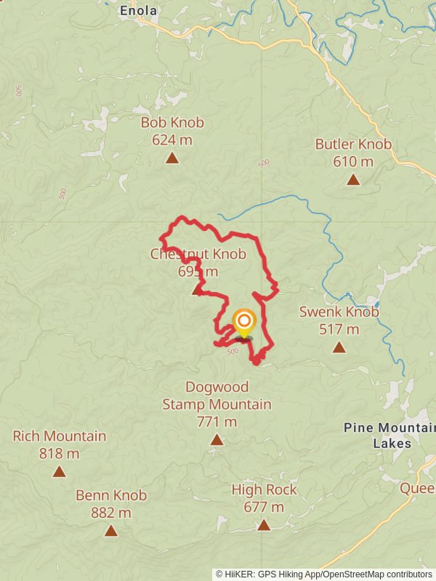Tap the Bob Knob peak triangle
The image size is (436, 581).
tap(172, 158)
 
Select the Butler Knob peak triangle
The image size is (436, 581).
tap(353, 179)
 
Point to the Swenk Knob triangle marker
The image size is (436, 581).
tap(339, 347)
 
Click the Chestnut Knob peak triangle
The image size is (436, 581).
tap(197, 290)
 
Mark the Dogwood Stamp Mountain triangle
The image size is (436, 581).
tap(217, 439)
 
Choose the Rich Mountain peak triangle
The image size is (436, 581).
tap(60, 471)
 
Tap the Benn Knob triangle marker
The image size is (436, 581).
tap(111, 530)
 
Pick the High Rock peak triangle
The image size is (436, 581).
tap(264, 524)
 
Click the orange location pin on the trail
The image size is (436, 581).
tap(244, 322)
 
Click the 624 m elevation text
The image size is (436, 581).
tap(172, 139)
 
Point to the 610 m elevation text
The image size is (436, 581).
tap(353, 161)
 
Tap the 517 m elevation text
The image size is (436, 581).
tap(339, 329)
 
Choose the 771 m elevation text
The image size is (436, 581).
tap(217, 421)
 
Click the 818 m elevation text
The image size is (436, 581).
tap(60, 454)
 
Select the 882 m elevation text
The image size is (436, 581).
tap(111, 513)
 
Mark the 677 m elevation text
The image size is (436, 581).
tap(264, 507)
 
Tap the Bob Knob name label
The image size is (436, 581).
tap(172, 123)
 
